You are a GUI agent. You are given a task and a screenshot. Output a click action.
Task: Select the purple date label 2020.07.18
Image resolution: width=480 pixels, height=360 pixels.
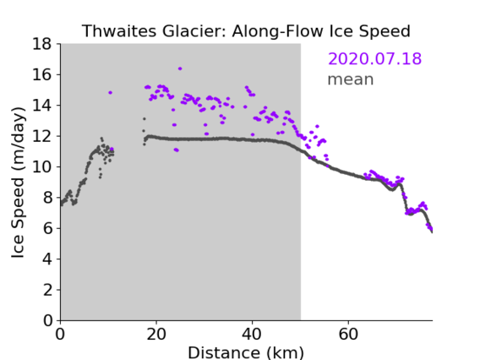[x=374, y=58]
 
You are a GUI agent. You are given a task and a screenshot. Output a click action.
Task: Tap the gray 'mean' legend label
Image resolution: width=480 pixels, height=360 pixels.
[x=351, y=79]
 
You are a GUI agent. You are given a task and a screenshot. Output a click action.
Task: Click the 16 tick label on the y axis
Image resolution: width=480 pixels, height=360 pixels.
[x=41, y=74]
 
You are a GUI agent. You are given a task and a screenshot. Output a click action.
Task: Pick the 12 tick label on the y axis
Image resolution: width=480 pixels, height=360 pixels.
[x=41, y=136]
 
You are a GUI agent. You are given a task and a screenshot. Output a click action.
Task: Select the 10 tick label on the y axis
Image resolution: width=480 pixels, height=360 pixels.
[x=41, y=166]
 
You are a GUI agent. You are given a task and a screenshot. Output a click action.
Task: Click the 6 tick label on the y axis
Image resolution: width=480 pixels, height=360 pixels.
[x=47, y=228]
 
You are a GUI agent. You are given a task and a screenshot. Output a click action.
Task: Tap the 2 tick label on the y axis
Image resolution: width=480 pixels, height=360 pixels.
[x=47, y=290]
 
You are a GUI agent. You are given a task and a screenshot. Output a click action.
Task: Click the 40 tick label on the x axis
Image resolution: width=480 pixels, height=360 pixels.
[x=252, y=334]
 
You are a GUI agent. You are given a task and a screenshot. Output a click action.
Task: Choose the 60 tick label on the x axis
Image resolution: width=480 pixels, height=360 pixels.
[x=348, y=334]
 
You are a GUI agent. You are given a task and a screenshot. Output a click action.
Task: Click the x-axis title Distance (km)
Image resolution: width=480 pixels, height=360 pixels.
[x=246, y=352]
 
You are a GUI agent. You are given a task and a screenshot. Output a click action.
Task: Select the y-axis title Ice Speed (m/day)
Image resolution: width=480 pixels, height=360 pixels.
[x=18, y=183]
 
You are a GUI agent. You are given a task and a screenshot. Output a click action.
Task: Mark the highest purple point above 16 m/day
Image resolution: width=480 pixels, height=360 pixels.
[x=180, y=68]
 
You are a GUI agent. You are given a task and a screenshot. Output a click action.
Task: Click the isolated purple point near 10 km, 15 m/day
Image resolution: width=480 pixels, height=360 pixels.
[x=110, y=92]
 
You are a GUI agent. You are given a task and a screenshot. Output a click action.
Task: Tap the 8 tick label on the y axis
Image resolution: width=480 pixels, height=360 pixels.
[x=47, y=198]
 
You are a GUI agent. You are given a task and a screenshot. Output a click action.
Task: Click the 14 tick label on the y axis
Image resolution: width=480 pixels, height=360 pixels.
[x=41, y=106]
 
